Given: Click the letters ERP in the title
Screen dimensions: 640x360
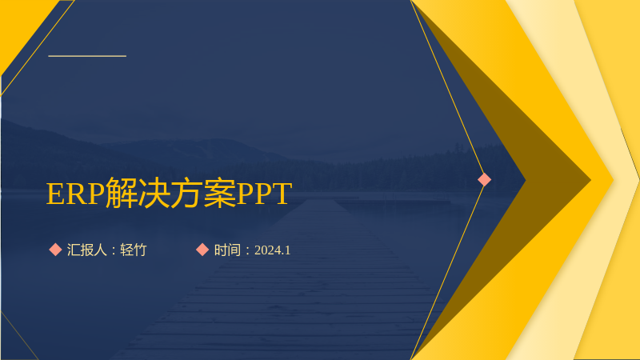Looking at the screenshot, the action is pos(75,194).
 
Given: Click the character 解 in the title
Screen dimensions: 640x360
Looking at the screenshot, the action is pos(122,193).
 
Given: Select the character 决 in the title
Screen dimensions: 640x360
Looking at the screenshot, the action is pos(154,193).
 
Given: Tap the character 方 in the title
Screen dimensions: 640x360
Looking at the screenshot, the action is pos(187,193).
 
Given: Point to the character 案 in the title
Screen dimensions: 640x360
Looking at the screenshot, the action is pos(219,193).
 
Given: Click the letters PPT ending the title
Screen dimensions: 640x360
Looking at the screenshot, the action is pos(264,194).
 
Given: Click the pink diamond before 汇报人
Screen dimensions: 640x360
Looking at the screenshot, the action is pos(55,250).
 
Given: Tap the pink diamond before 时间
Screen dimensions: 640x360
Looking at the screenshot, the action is pos(202,250).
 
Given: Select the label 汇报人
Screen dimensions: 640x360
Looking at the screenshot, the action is pos(87,250).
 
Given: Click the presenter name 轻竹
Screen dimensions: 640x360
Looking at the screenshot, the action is pos(133,250).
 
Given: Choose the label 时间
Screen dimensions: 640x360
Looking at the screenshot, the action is pos(227,250).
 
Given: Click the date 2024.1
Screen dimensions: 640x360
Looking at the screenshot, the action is pos(272,250).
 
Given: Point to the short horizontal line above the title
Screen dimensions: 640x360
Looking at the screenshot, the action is pos(87,56).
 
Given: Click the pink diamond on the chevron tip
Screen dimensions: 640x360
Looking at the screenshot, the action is pos(485,179).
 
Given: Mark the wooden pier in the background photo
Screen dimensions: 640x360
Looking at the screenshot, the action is pos(282,286).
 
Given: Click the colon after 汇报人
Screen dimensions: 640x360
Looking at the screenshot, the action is pos(114,250).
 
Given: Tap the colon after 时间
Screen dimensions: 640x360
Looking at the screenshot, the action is pos(247,250).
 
